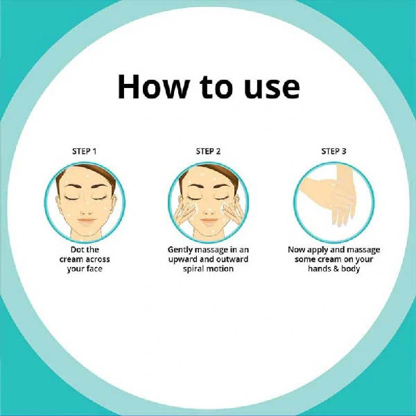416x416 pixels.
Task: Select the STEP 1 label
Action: point(85,151)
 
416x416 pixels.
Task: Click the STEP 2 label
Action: point(208,151)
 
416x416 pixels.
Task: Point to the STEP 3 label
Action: point(333,151)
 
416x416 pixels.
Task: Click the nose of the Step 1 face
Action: point(87,211)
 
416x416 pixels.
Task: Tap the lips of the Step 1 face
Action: point(87,220)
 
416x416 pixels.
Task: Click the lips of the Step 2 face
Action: point(209,220)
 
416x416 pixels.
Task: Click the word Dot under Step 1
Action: point(76,250)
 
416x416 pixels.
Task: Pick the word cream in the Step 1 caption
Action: point(69,259)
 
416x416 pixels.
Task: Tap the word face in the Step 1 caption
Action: point(93,269)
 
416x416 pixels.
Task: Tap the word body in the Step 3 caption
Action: point(350,269)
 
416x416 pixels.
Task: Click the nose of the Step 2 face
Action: point(209,211)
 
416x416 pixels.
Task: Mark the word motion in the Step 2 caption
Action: point(220,269)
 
